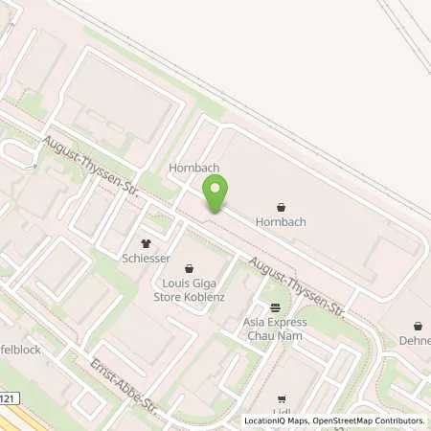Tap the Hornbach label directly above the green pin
coord(194,168)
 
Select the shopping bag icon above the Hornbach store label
coord(281,206)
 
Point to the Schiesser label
coord(147,259)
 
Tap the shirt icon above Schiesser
coord(147,243)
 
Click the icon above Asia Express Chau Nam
coord(276,307)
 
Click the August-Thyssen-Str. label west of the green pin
coord(92,168)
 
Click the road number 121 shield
coord(8,398)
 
